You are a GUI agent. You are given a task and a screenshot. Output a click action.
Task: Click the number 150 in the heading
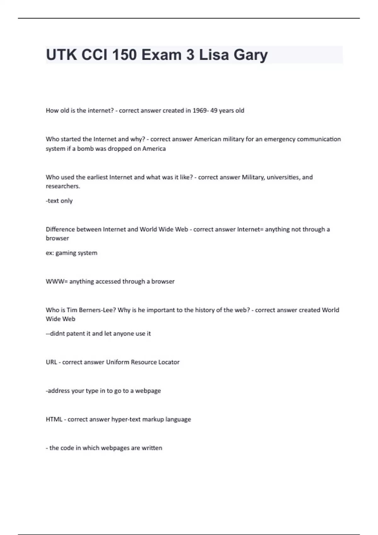click(x=121, y=55)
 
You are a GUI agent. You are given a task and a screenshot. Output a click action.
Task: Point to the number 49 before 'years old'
click(x=214, y=110)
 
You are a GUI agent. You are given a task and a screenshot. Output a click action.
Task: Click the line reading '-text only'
click(x=59, y=201)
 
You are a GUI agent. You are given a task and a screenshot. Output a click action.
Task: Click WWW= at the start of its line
click(x=57, y=281)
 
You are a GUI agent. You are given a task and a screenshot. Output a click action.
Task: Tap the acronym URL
click(x=51, y=362)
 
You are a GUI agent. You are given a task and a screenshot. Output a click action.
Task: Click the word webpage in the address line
click(x=148, y=391)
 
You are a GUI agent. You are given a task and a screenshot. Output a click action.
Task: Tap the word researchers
click(x=63, y=186)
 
